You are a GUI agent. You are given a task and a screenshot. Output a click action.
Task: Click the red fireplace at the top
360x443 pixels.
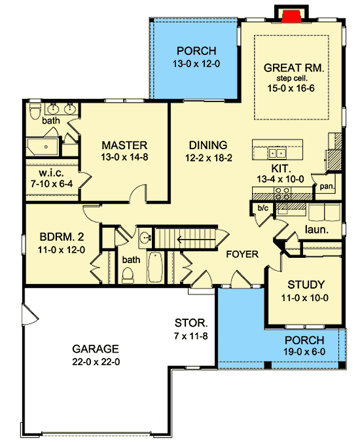(291, 16)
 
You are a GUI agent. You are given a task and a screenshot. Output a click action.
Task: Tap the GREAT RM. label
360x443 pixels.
(294, 68)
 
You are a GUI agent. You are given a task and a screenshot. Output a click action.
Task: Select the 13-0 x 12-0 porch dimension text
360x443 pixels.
(196, 64)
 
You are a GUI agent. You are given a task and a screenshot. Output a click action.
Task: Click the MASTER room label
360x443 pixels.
(124, 145)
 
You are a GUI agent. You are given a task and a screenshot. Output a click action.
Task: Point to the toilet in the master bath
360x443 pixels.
(35, 111)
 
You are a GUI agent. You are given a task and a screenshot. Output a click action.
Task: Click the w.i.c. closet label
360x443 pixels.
(51, 173)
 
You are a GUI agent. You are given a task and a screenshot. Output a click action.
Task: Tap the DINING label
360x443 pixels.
(208, 145)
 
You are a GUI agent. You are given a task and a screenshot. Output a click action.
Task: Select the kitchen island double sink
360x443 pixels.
(277, 153)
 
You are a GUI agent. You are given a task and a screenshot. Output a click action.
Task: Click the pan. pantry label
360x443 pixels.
(327, 186)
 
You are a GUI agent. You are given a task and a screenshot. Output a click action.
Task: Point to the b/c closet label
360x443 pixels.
(262, 208)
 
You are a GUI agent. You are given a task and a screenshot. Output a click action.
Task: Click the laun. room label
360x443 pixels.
(317, 230)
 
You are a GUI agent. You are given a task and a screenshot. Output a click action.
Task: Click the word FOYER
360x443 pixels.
(242, 255)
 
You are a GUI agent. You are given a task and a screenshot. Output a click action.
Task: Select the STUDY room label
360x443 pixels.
(306, 285)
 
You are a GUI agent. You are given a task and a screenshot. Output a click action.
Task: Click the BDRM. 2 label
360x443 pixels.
(62, 237)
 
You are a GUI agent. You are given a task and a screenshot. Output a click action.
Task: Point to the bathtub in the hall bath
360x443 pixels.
(155, 267)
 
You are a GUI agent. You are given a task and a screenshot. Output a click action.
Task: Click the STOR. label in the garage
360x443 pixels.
(191, 323)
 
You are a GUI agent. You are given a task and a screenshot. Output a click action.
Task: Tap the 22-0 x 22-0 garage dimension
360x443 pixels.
(96, 362)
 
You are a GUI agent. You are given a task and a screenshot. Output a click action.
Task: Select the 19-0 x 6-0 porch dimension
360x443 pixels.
(304, 352)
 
